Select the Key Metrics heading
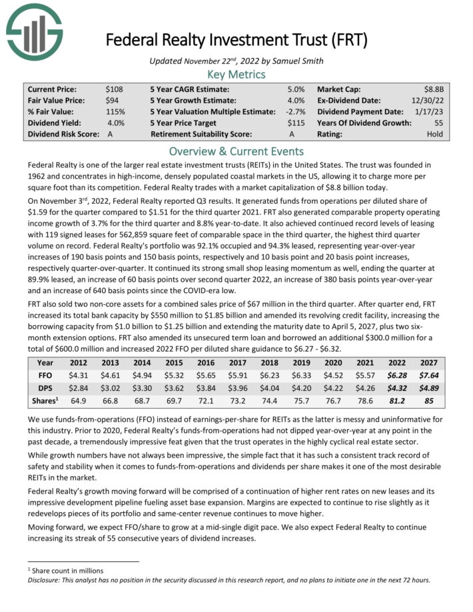pos(236,74)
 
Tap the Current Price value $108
pos(115,89)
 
